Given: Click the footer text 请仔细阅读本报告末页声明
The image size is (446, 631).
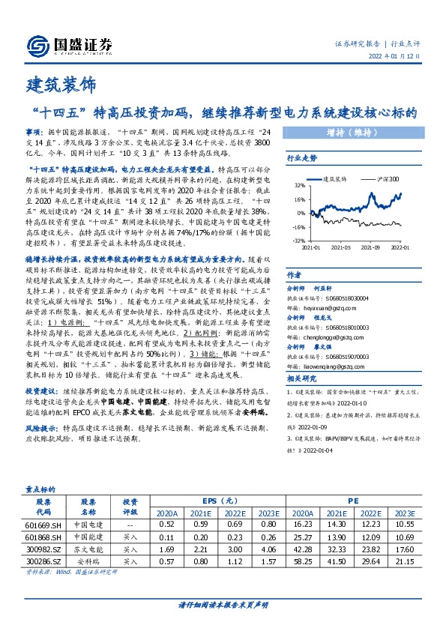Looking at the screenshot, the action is click(223, 605).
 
